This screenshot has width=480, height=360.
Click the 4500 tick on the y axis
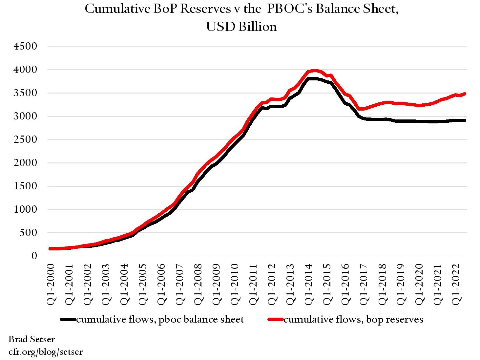click(25, 46)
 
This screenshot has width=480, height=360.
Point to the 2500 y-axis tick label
click(25, 139)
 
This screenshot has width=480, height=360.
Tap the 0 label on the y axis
click(34, 256)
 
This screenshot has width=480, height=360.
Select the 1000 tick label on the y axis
click(25, 209)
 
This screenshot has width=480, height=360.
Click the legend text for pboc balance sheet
click(160, 319)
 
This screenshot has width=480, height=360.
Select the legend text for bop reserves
click(353, 319)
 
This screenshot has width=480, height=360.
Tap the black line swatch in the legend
click(68, 319)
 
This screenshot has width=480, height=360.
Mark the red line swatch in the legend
click(276, 319)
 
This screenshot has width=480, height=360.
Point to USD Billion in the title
click(241, 27)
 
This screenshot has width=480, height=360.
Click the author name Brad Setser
click(31, 339)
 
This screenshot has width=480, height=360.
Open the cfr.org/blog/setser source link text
click(46, 352)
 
